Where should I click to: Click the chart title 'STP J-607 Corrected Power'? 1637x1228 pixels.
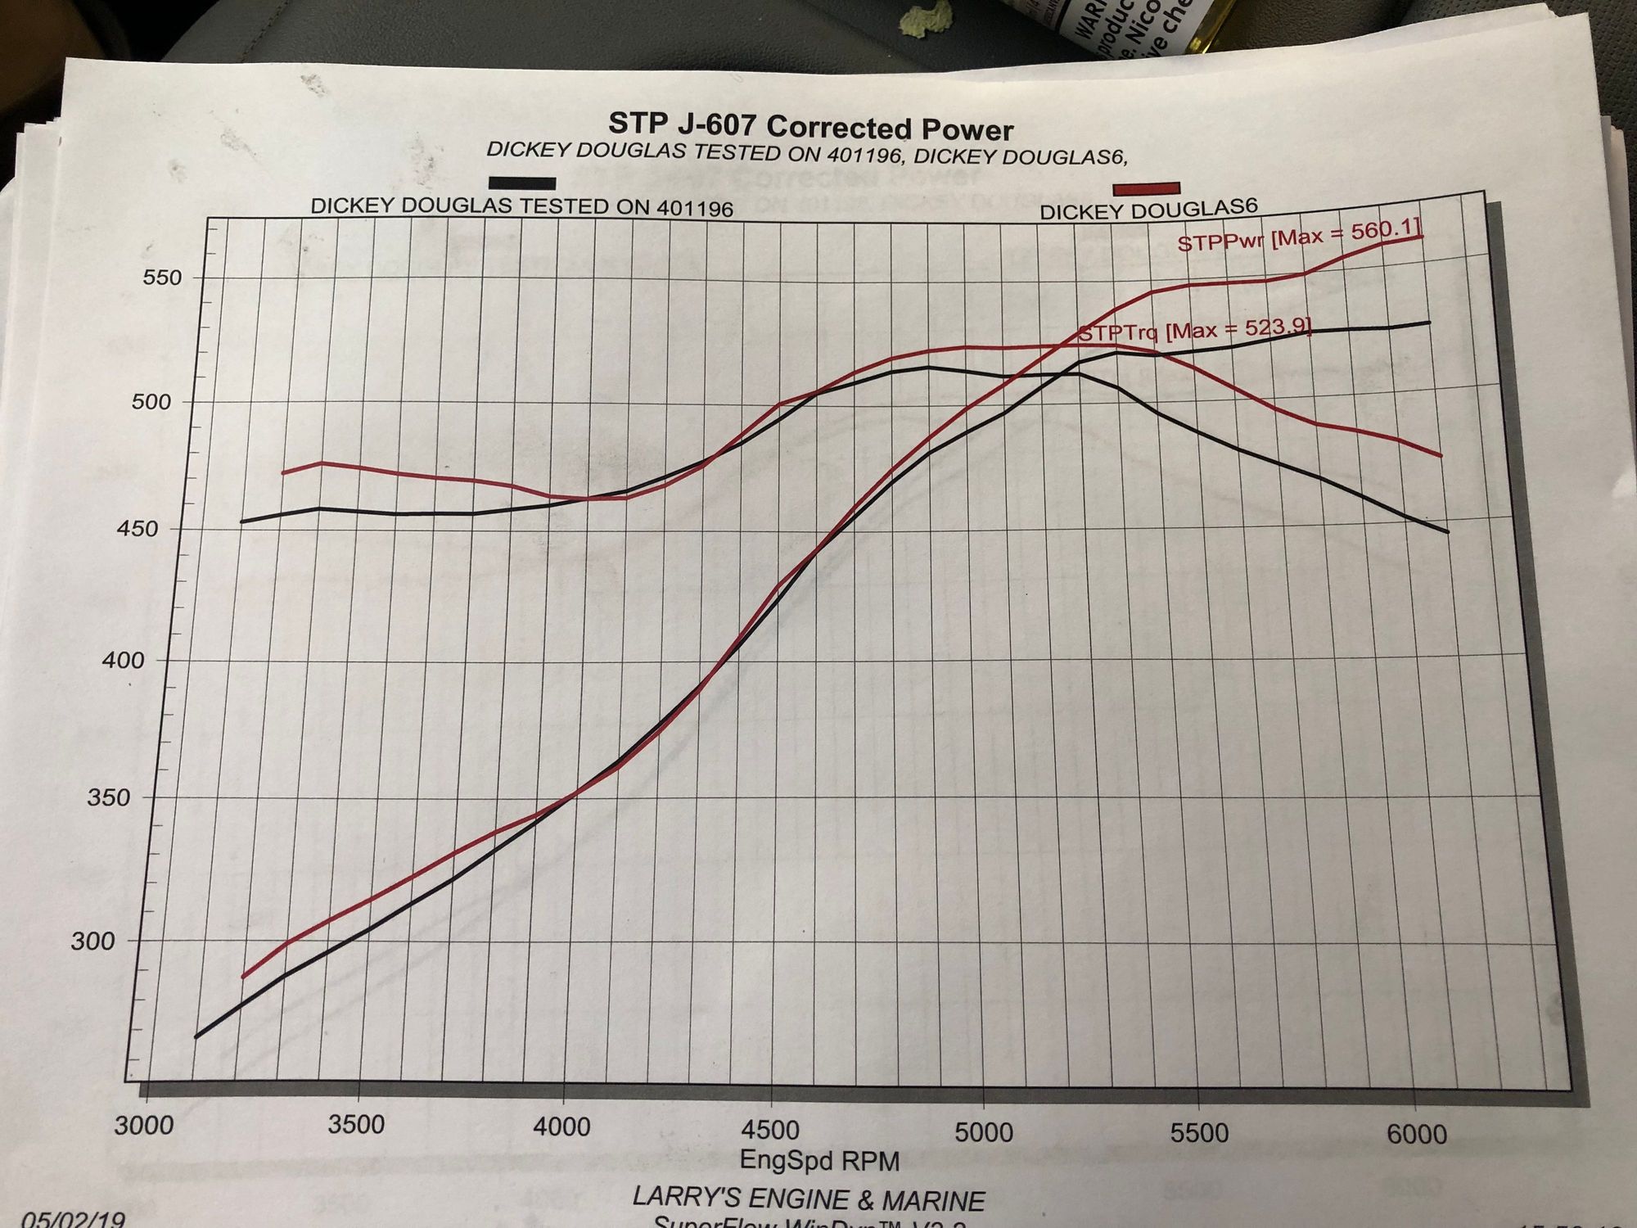pos(810,128)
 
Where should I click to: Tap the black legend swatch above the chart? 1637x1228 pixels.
pos(522,183)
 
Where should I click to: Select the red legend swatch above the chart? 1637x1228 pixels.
pos(1146,188)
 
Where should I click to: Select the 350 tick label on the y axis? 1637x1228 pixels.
pos(108,797)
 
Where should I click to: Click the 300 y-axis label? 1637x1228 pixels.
pos(92,941)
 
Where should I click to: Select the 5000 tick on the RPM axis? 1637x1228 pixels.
pos(983,1132)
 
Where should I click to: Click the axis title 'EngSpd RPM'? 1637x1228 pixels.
pos(819,1160)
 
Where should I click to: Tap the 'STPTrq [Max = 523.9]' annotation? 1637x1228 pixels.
pos(1194,332)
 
